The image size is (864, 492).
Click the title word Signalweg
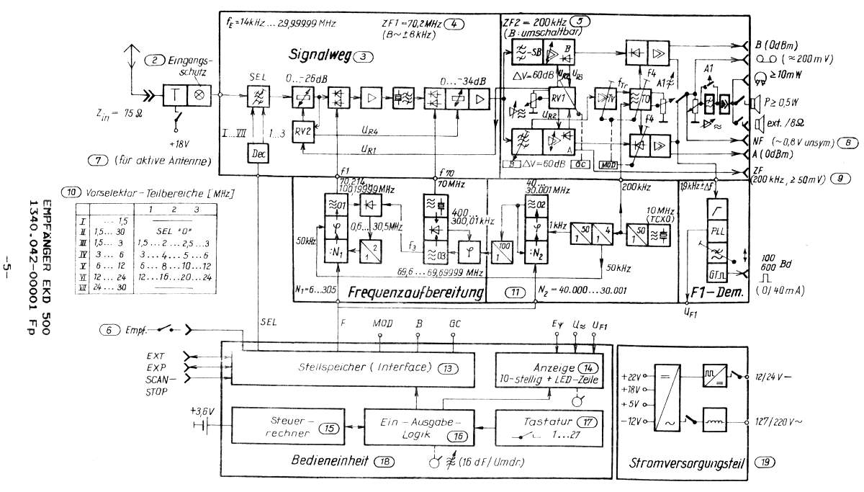[318, 55]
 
